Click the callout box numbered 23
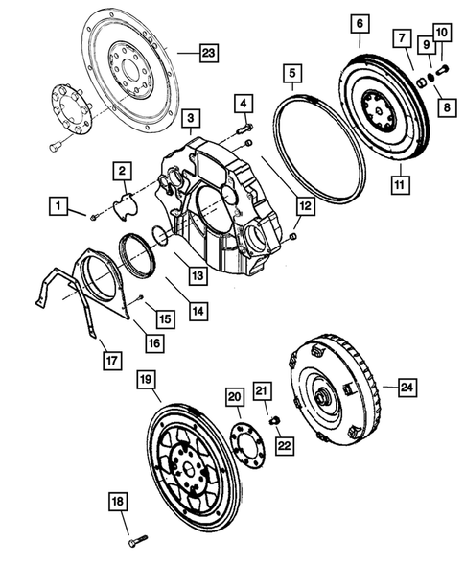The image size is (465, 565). pos(209,54)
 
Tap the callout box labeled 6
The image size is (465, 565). pos(360,22)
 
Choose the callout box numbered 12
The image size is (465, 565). pos(304,205)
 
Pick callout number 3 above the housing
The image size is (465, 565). pos(193,119)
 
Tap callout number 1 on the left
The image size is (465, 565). pos(60,204)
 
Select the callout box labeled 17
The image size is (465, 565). pos(112,361)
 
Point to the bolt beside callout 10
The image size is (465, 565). pos(444,70)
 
